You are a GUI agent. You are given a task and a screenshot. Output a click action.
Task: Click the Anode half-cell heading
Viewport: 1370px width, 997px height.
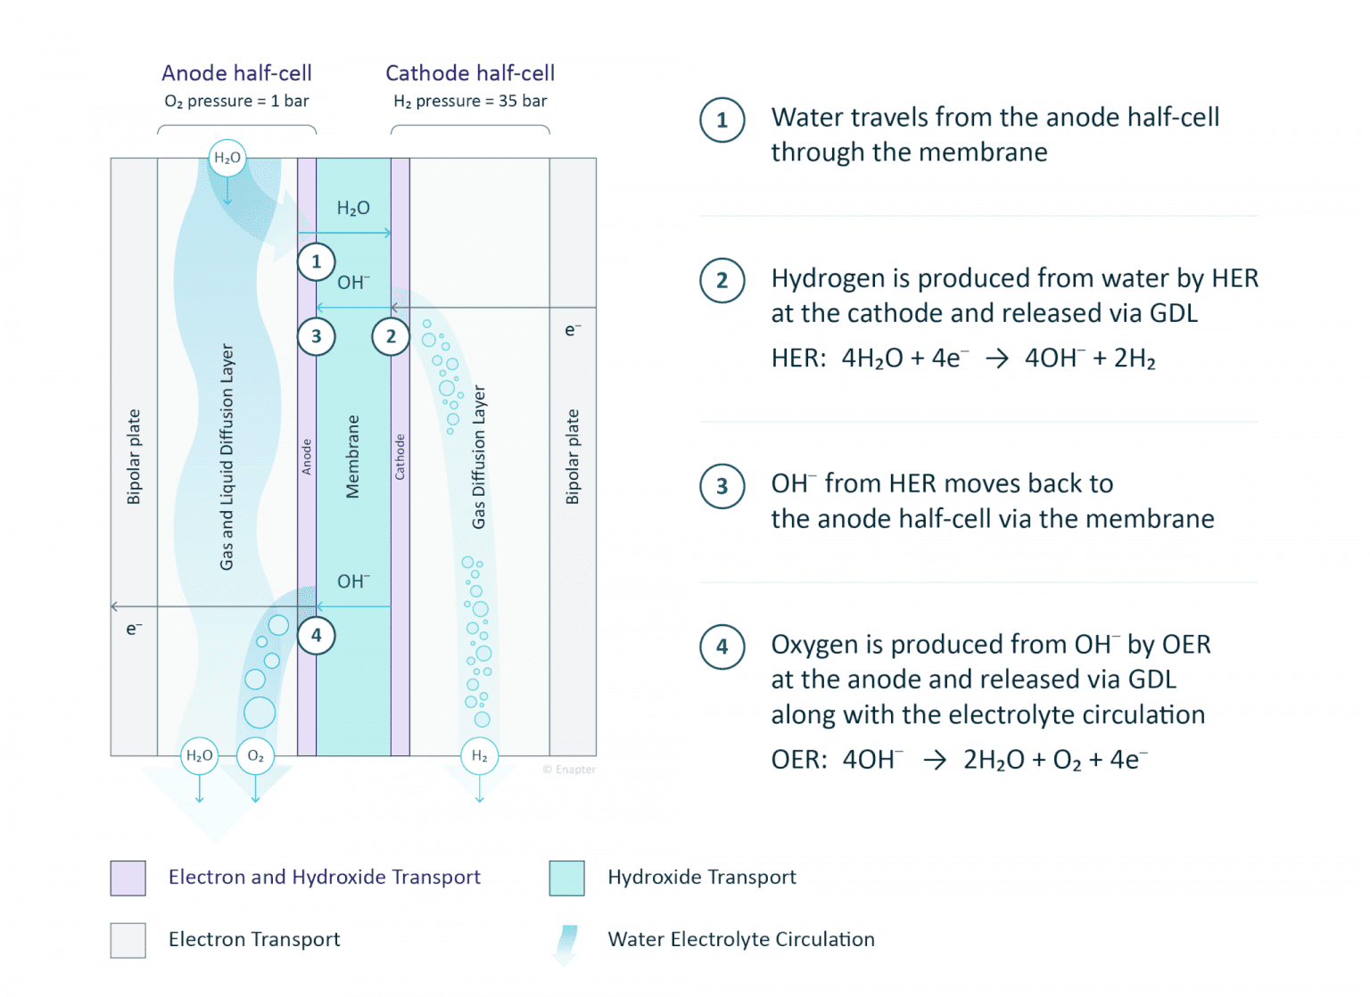click(x=236, y=73)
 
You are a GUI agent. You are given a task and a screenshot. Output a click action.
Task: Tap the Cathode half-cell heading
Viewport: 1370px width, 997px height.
click(x=470, y=73)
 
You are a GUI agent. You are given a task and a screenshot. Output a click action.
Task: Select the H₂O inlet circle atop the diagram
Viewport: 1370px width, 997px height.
click(x=227, y=158)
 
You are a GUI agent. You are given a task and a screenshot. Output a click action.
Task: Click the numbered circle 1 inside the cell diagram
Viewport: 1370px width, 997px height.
click(x=317, y=262)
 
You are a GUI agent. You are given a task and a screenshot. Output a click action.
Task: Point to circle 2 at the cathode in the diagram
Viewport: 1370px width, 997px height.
click(x=391, y=336)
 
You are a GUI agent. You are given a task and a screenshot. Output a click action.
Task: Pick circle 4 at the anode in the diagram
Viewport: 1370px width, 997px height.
click(x=317, y=636)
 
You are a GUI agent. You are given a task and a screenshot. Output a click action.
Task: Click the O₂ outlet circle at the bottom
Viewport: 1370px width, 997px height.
click(x=256, y=756)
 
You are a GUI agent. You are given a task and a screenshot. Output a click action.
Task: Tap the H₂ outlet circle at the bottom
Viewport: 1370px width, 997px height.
click(x=480, y=756)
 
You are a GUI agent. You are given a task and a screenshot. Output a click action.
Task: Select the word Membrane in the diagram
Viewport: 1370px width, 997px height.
click(x=353, y=457)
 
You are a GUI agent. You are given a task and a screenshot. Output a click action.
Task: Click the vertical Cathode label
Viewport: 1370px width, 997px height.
click(x=400, y=457)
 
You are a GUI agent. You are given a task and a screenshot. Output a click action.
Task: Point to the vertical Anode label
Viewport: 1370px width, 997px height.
click(x=307, y=457)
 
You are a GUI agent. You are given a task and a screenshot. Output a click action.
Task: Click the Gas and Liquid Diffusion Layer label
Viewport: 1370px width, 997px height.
click(x=227, y=457)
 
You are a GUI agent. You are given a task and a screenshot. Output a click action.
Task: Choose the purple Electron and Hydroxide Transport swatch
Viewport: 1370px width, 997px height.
click(x=128, y=878)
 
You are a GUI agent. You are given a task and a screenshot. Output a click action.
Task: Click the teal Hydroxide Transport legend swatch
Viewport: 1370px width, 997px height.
click(x=567, y=878)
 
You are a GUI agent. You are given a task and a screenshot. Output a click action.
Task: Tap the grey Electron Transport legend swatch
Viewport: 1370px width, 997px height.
click(x=128, y=941)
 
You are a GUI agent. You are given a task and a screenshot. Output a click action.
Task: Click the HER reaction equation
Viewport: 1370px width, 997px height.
click(x=963, y=358)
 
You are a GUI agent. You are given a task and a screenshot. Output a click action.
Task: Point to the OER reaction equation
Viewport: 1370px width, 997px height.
click(x=959, y=760)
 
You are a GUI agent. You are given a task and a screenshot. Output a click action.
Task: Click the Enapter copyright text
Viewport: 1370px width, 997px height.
click(x=569, y=770)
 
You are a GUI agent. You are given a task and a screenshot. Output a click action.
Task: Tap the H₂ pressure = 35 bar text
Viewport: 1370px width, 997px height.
click(x=470, y=101)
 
